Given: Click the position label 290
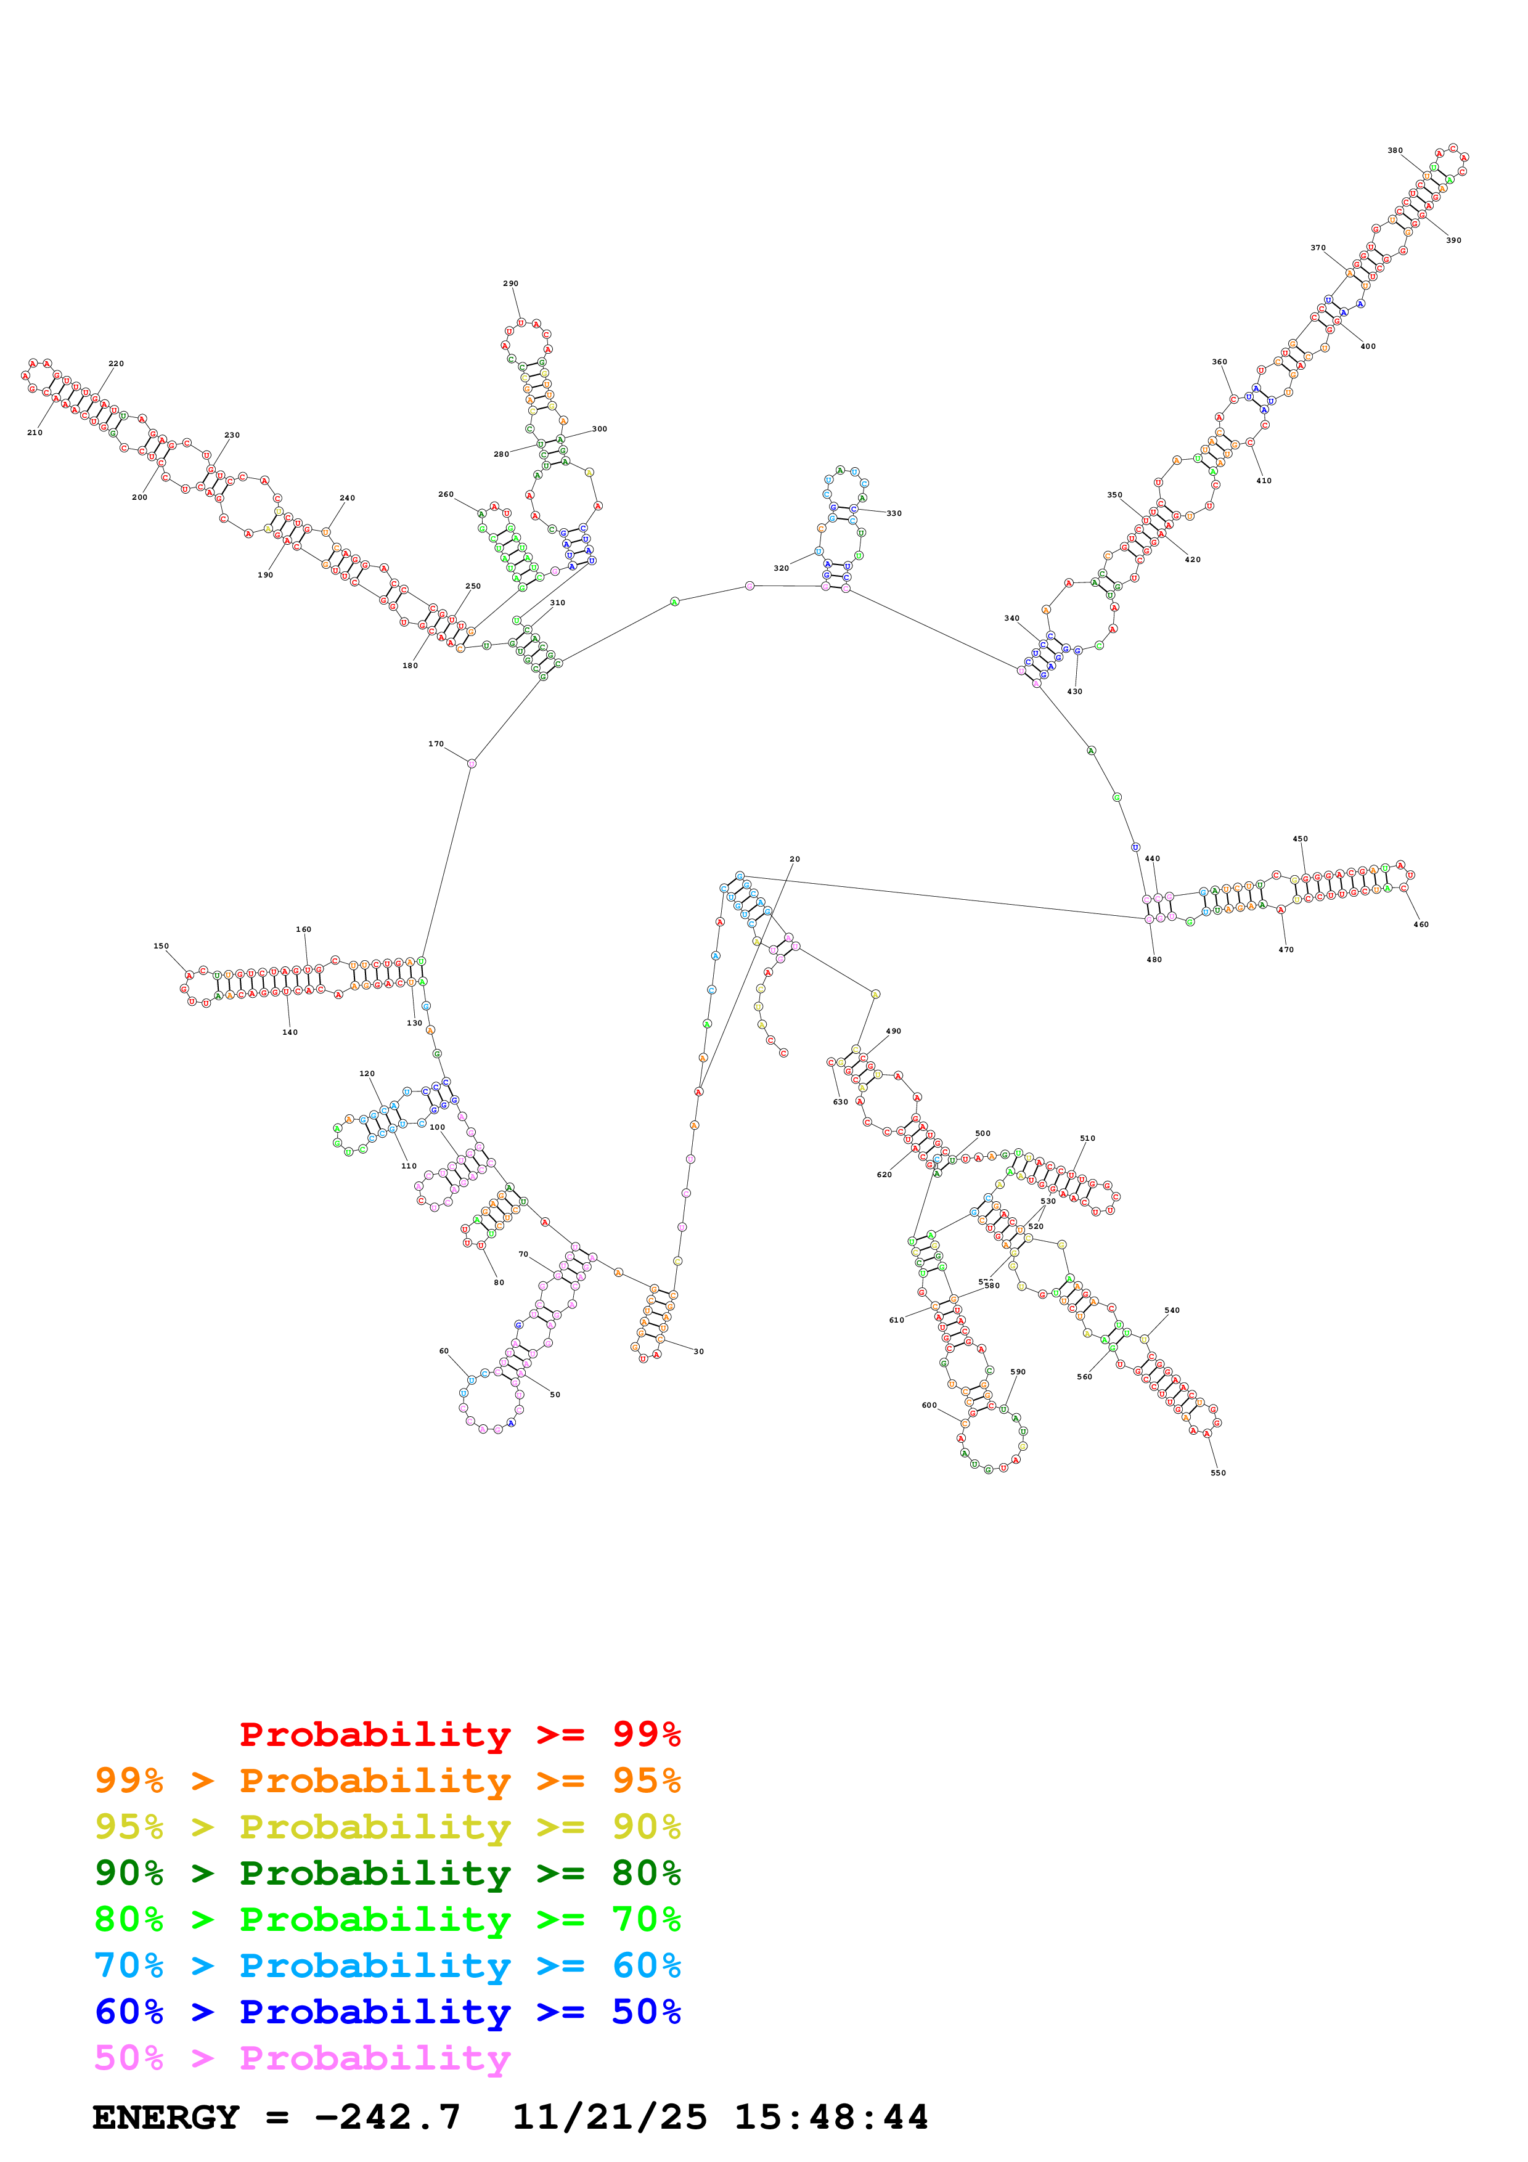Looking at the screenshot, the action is (x=510, y=284).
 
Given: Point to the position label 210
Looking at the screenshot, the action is (x=35, y=433).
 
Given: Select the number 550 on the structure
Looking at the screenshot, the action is (x=1217, y=1473).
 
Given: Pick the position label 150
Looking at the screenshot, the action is (x=161, y=947).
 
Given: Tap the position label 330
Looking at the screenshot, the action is (x=894, y=514).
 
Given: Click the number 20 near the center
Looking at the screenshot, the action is (x=795, y=860).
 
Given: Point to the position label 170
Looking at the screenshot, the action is (x=436, y=744).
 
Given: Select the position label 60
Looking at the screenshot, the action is (x=444, y=1351).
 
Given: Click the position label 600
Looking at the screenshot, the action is (x=929, y=1405).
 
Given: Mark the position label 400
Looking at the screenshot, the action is (x=1367, y=346).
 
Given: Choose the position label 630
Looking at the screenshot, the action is (x=840, y=1102).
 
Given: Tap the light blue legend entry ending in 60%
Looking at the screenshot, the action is (x=387, y=1965).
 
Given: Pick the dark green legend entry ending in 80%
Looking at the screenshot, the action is (x=387, y=1873).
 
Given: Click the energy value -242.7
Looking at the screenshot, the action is (x=387, y=2117).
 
